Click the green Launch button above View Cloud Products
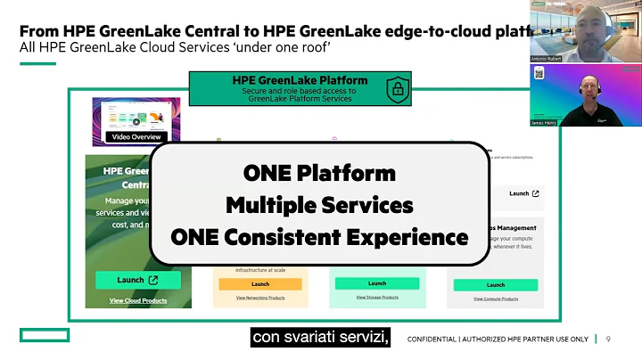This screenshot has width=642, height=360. coord(137,280)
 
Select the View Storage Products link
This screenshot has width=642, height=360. coord(376,297)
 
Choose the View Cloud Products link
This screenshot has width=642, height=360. coord(137,301)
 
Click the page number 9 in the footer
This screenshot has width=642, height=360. coord(608,339)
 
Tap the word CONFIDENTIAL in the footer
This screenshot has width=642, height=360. coord(437,340)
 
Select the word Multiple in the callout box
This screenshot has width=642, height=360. coord(265,205)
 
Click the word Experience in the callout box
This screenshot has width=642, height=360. coord(411,238)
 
